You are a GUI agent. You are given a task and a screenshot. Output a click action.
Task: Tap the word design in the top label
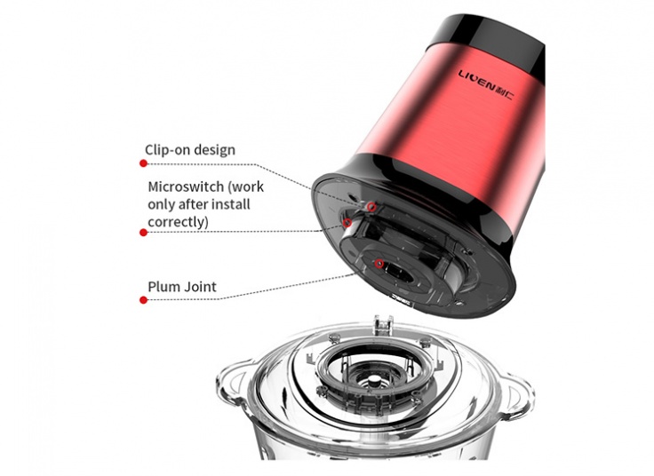[x=215, y=150]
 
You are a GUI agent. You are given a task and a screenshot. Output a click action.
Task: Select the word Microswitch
[x=186, y=186]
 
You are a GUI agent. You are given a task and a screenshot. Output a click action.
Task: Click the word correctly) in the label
[x=178, y=222]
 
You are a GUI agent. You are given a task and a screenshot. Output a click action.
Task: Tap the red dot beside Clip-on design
[x=143, y=163]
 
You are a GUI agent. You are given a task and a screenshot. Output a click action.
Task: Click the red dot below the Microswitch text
[x=143, y=233]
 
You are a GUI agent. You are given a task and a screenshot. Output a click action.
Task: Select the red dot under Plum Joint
[x=143, y=300]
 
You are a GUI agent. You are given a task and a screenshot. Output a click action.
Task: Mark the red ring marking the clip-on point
[x=372, y=207]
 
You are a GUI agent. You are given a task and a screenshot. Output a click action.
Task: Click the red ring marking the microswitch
[x=347, y=223]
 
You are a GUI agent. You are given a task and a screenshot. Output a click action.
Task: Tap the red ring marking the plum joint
[x=379, y=264]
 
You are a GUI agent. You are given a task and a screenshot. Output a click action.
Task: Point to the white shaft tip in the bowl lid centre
[x=375, y=381]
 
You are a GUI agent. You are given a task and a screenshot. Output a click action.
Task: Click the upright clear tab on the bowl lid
[x=383, y=326]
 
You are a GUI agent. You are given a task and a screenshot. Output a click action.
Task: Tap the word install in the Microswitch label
[x=230, y=204]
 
